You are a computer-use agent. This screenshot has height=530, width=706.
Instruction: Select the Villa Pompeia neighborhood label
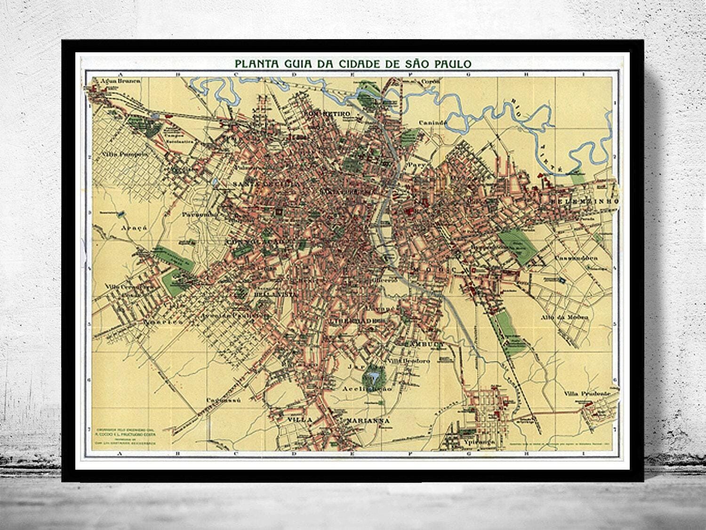click(120, 154)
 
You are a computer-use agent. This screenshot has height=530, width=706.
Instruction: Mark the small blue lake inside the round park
click(374, 376)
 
